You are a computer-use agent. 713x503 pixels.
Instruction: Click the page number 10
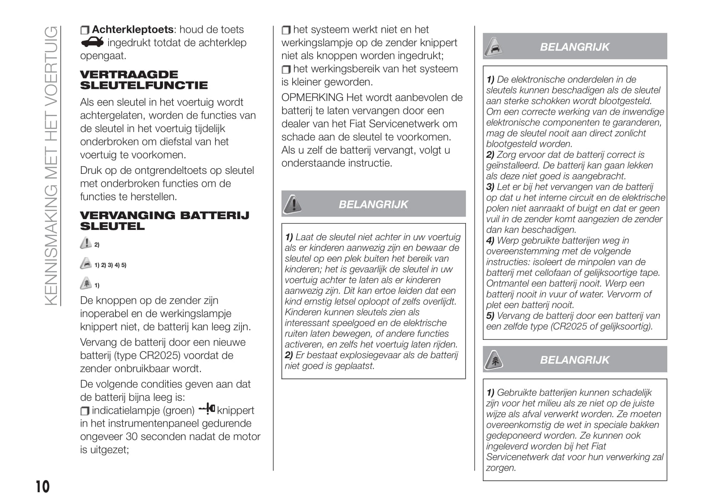point(43,487)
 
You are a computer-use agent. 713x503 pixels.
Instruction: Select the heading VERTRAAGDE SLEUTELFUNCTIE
point(144,80)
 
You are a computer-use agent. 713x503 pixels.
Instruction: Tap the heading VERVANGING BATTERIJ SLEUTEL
point(164,220)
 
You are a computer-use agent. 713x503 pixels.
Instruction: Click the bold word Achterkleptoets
point(133,29)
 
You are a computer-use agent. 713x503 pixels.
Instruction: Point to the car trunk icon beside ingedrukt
point(92,42)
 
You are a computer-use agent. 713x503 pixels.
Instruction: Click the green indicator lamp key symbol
point(207,408)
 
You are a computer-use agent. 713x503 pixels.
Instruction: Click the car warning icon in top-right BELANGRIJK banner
point(494,47)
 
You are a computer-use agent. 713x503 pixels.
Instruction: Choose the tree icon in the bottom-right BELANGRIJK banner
point(494,360)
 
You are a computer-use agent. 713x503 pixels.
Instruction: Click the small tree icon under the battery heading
point(86,283)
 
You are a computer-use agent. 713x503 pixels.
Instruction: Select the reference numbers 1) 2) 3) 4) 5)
point(110,265)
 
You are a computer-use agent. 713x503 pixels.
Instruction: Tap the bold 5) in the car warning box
point(490,316)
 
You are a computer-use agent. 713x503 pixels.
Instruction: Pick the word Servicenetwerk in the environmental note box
point(515,457)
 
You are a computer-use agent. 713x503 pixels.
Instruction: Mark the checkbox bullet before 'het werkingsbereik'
point(286,69)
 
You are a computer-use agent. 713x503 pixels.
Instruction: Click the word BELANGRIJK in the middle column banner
point(373,204)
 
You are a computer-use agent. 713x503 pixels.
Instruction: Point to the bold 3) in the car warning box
point(490,187)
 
